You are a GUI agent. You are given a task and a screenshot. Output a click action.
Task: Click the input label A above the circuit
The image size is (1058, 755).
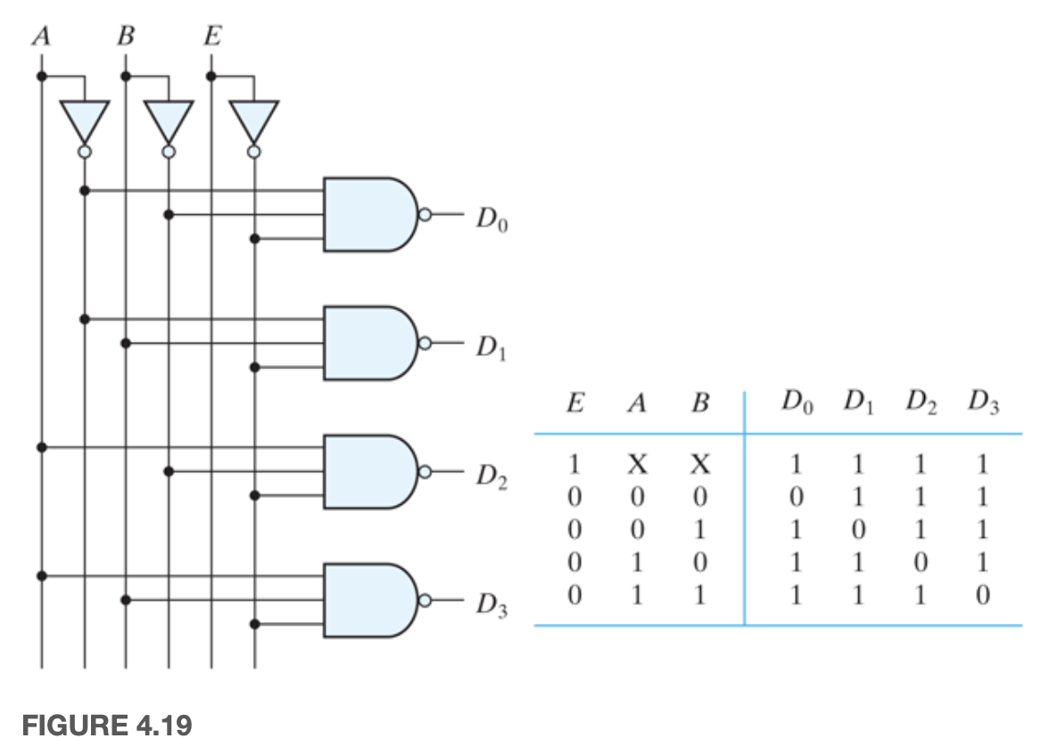pyautogui.click(x=40, y=37)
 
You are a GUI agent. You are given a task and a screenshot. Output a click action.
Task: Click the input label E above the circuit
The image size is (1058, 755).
pyautogui.click(x=211, y=37)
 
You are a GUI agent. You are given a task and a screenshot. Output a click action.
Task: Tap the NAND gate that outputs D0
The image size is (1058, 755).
pyautogui.click(x=368, y=214)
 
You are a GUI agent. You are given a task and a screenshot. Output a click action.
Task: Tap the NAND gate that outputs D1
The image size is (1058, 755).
pyautogui.click(x=368, y=343)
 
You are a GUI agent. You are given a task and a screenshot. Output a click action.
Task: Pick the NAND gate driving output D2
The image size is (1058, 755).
pyautogui.click(x=368, y=471)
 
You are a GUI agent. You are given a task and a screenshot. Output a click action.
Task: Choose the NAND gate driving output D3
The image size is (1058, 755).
pyautogui.click(x=368, y=600)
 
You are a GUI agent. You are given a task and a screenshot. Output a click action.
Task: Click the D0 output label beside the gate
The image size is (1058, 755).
pyautogui.click(x=491, y=220)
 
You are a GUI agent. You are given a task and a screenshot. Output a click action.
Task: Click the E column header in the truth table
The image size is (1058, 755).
pyautogui.click(x=575, y=403)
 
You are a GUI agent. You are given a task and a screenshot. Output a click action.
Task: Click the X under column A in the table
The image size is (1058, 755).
pyautogui.click(x=637, y=465)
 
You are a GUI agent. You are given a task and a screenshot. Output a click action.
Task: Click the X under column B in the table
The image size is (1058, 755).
pyautogui.click(x=700, y=465)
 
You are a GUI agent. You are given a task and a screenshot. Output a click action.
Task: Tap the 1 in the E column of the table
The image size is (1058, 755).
pyautogui.click(x=575, y=465)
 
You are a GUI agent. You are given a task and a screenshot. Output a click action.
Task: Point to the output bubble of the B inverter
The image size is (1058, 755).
pyautogui.click(x=169, y=153)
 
